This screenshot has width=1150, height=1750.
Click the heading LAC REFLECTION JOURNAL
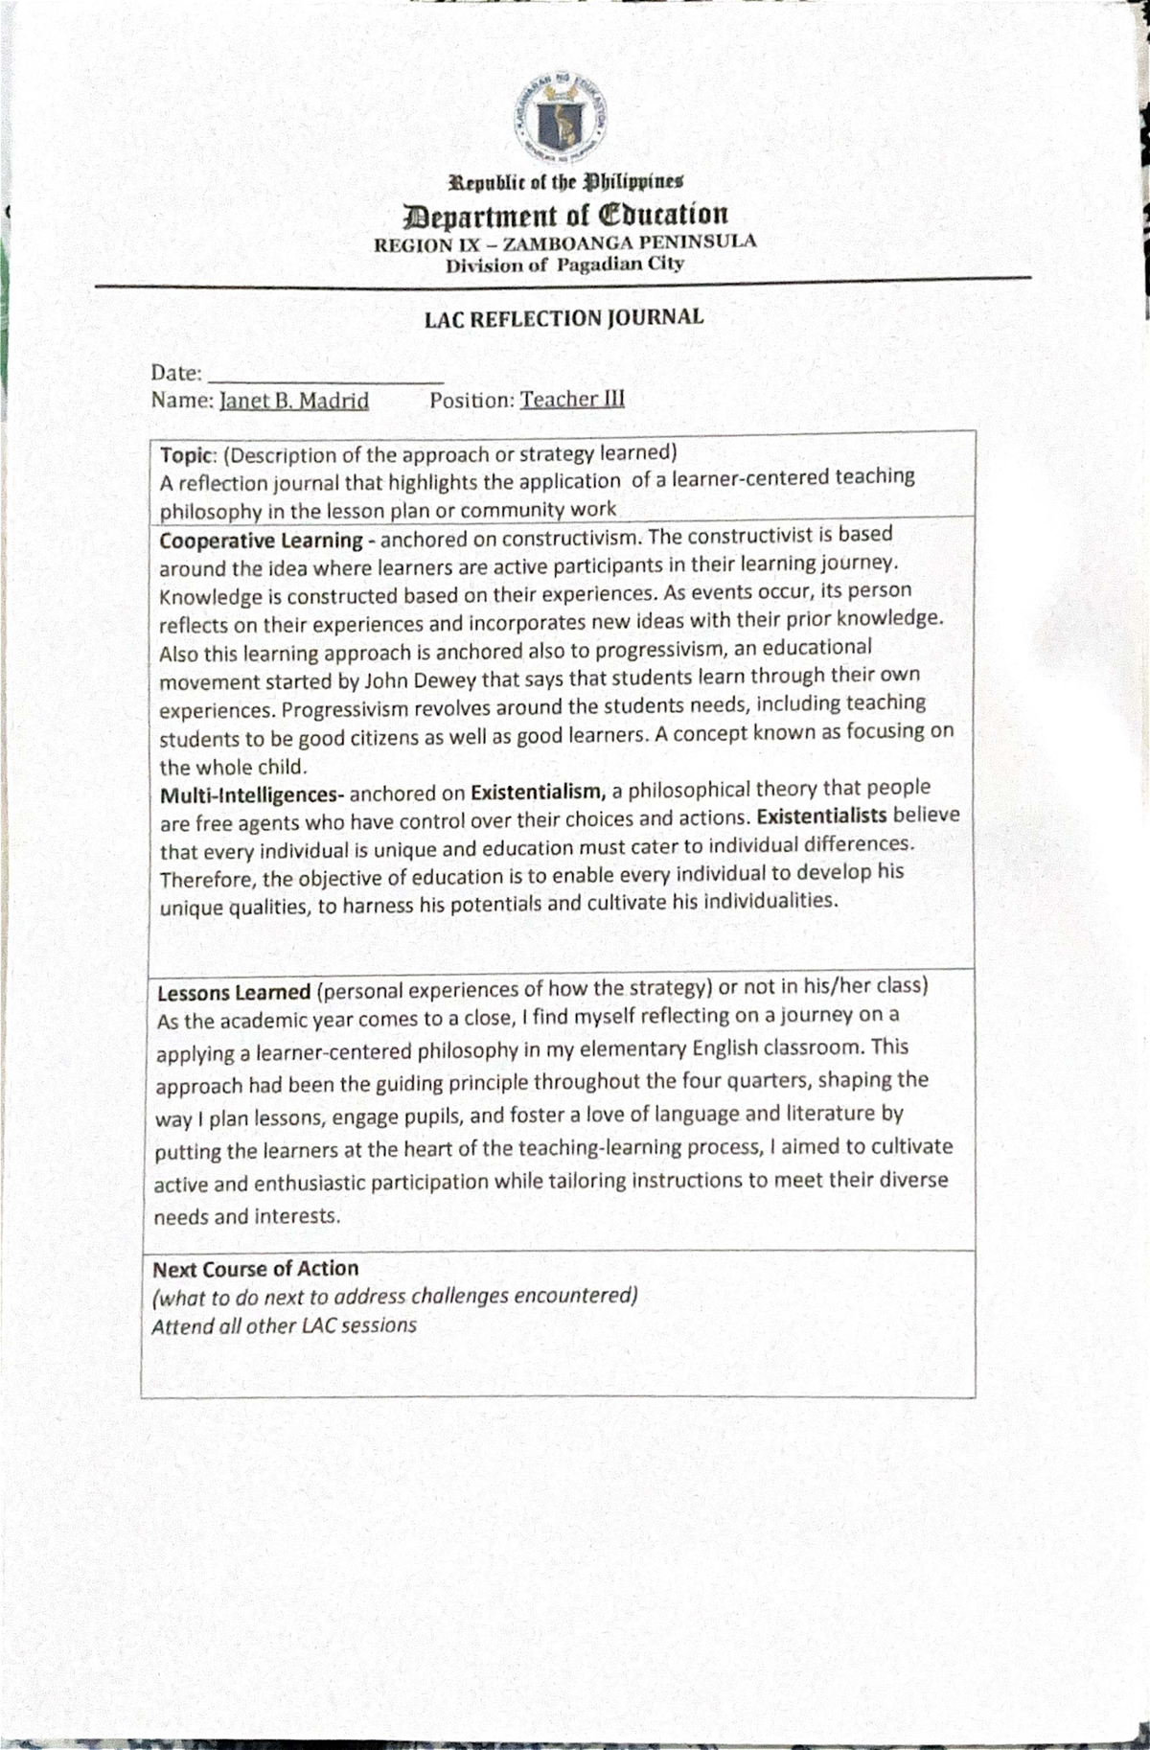[563, 318]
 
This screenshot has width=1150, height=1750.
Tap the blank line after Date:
[325, 374]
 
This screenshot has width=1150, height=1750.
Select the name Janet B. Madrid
[294, 401]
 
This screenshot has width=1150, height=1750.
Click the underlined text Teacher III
[572, 399]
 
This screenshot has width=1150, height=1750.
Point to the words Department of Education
[565, 215]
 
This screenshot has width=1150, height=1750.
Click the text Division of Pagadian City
[564, 265]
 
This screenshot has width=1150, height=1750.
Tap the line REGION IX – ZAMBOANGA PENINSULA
[564, 242]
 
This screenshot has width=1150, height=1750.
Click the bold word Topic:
[189, 455]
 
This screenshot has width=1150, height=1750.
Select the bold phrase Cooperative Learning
[261, 541]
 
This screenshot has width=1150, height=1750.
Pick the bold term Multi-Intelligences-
[251, 795]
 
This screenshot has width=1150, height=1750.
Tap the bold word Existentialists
[821, 816]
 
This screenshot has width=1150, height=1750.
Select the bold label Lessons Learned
[234, 993]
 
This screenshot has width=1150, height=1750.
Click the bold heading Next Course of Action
[255, 1269]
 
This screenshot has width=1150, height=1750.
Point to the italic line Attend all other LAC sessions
[284, 1326]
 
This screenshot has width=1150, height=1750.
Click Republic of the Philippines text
[566, 181]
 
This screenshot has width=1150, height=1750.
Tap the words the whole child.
[233, 768]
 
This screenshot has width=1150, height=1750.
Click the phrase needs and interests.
[246, 1217]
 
